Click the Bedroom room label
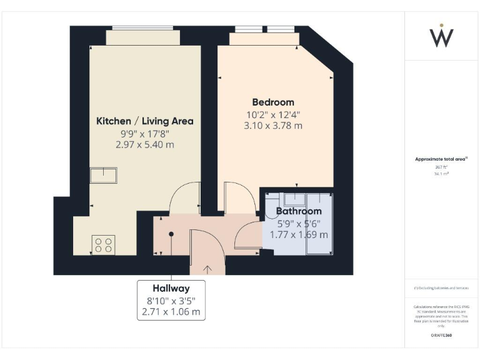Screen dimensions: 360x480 pos(273,102)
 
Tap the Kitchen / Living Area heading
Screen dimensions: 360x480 pos(144,121)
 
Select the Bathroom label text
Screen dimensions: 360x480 pos(299,211)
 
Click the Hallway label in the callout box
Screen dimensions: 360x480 pos(171,288)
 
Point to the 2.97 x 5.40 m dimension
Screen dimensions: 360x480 pos(144,144)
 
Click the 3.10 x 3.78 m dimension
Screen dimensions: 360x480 pos(273,126)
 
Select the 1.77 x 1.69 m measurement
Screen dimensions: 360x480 pos(299,234)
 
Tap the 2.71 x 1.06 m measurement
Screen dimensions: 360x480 pos(171,311)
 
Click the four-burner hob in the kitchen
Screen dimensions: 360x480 pos(104,244)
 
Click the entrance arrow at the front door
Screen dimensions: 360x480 pos(207,269)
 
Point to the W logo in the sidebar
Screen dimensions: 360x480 pos(442,36)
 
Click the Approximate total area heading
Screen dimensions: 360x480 pos(441,159)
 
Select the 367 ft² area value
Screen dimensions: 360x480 pos(441,167)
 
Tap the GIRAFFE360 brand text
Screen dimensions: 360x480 pos(441,336)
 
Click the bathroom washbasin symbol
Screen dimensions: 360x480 pos(293,199)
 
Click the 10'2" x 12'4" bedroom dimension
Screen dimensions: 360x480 pos(273,114)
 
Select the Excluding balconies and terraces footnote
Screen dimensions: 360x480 pos(441,287)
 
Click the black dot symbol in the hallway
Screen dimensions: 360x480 pos(171,234)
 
